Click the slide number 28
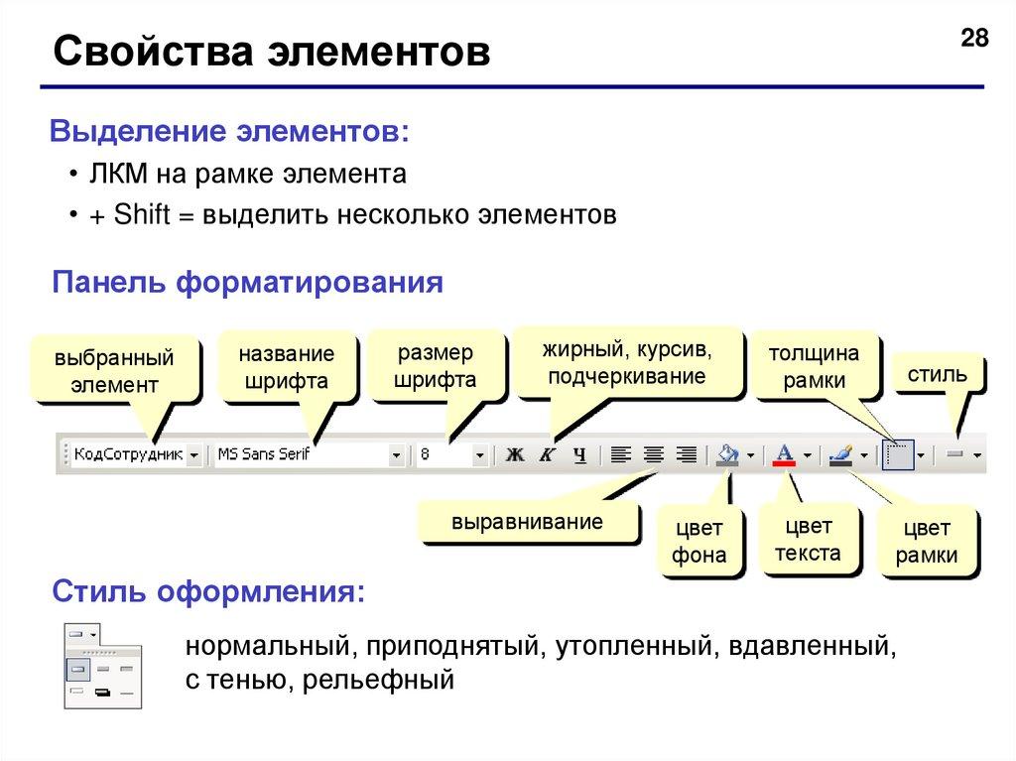[975, 40]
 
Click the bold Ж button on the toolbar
[514, 455]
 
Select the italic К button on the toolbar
[547, 455]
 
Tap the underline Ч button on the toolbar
[580, 455]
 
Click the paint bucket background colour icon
[729, 454]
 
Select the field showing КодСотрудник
[128, 455]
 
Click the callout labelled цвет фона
[698, 541]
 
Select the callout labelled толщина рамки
[814, 367]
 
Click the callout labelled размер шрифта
[435, 366]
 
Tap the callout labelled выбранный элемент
[114, 370]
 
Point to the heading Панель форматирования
[247, 284]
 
